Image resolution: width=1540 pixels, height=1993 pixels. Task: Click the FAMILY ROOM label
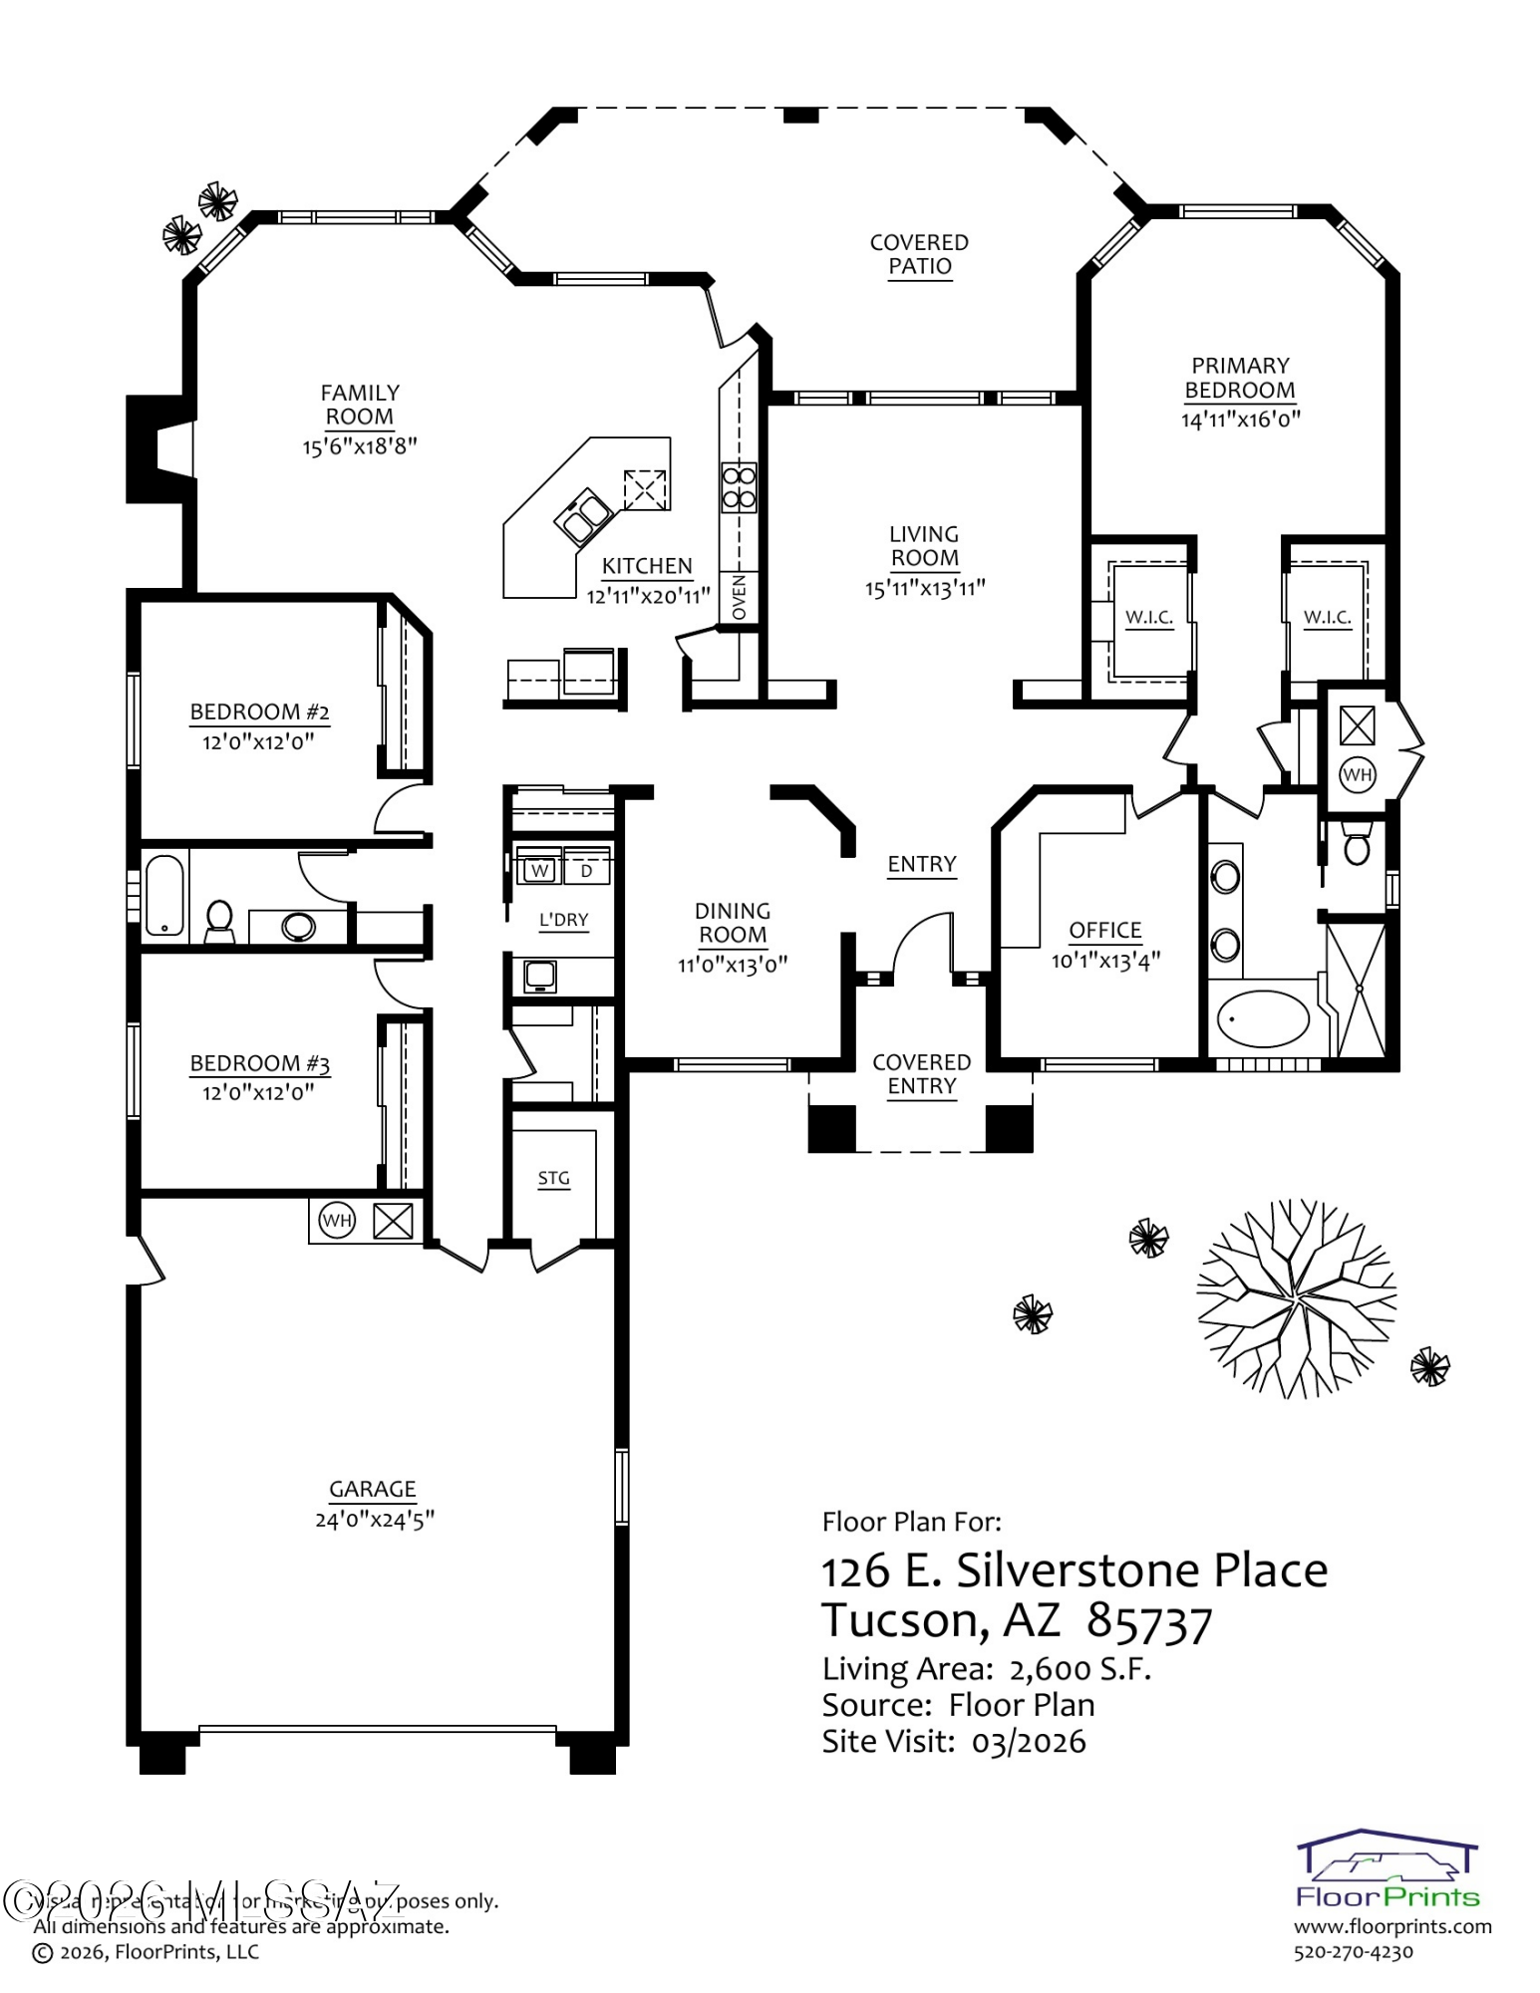click(360, 405)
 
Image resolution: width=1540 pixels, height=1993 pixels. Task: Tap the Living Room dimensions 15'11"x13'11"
click(924, 588)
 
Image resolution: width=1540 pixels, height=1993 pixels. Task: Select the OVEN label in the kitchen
click(739, 596)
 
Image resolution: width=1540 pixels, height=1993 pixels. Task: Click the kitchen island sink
click(583, 514)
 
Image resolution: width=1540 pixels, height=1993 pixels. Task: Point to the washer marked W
click(539, 870)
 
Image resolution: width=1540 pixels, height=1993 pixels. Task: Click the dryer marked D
click(586, 870)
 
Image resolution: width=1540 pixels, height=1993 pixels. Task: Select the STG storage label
click(553, 1178)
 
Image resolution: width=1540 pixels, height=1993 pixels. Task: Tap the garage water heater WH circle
click(337, 1220)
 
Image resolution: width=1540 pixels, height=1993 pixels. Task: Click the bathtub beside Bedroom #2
click(164, 894)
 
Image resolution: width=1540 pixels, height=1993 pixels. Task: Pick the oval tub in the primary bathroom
click(1262, 1018)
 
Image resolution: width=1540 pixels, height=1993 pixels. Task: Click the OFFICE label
click(1104, 930)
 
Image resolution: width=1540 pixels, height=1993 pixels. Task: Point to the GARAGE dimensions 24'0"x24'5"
click(374, 1520)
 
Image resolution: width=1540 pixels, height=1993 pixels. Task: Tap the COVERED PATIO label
click(919, 254)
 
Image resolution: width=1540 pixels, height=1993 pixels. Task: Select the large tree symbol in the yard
click(1296, 1298)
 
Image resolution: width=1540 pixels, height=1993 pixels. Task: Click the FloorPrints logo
click(1386, 1870)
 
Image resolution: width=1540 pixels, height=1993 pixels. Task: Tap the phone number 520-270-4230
click(1353, 1952)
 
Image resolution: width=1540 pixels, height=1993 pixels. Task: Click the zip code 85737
click(1148, 1622)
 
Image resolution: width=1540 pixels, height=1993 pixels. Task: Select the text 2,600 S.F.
click(1079, 1669)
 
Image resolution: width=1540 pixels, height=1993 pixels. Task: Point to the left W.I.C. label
click(1148, 617)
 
